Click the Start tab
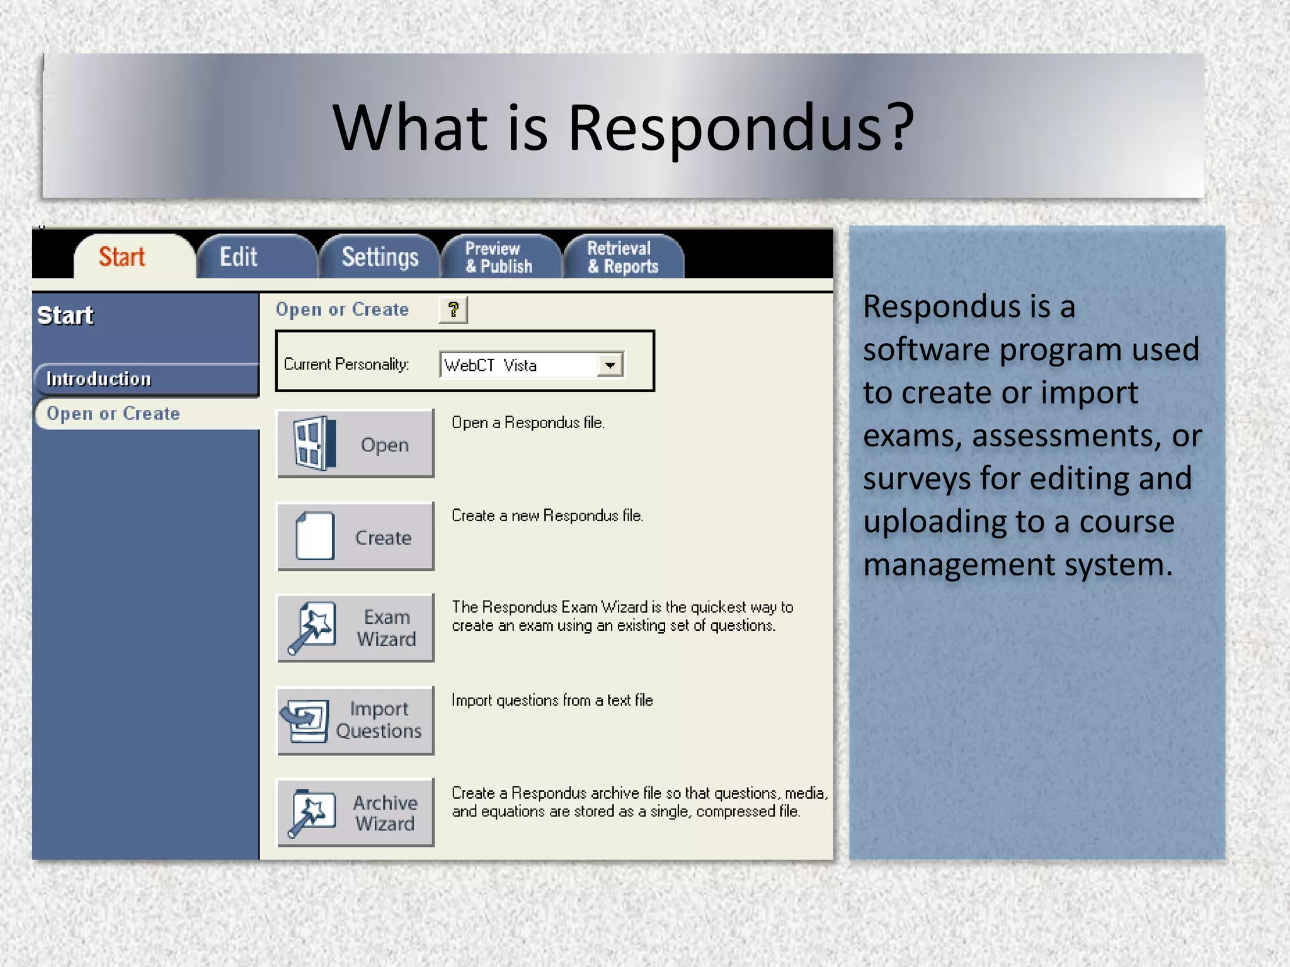coord(122,257)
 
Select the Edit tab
coord(239,257)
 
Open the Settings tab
coord(380,257)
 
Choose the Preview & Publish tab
coord(499,257)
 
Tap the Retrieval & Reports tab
coord(622,257)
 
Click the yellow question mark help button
coord(453,310)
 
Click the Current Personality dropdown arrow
coord(610,365)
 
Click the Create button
coord(356,536)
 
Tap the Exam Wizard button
coord(356,628)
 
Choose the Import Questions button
coord(356,720)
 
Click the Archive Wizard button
coord(356,813)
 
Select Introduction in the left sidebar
coord(100,379)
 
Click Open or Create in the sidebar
coord(113,414)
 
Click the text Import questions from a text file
coord(552,700)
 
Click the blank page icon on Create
coord(315,536)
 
